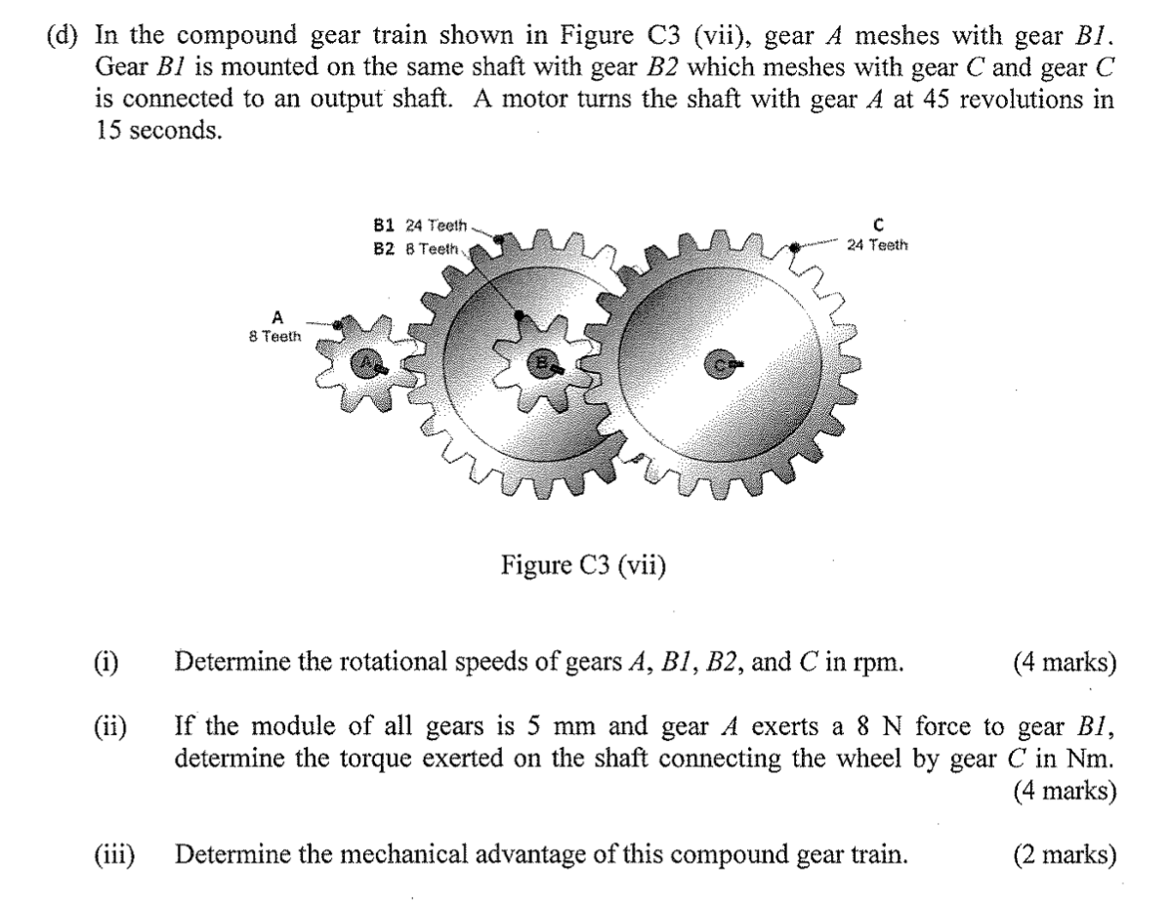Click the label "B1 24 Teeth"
(421, 224)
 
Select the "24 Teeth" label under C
(877, 245)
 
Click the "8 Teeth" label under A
(276, 335)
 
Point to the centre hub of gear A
(367, 364)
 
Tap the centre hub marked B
(541, 363)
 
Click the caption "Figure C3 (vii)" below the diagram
(585, 564)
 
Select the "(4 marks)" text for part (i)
(1065, 663)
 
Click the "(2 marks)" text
(1065, 855)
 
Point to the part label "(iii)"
(116, 855)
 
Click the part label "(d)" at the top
(65, 37)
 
